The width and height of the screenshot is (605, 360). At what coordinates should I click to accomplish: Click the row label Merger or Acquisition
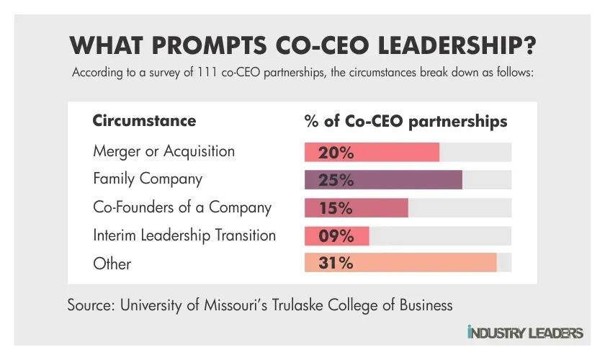tap(163, 152)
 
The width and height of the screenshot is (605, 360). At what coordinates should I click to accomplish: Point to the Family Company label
tap(148, 179)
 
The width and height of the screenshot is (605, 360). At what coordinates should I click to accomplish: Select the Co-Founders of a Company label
tap(182, 207)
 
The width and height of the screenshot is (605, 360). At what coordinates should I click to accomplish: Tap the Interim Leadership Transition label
tap(184, 235)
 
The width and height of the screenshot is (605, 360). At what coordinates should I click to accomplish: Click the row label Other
tap(112, 264)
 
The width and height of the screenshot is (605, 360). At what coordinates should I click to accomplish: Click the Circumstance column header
tap(144, 120)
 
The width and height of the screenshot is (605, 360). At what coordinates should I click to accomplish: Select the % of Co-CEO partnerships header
tap(406, 120)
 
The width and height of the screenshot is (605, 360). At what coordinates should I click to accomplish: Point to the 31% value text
tap(336, 263)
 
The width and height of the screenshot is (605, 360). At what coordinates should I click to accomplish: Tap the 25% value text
tap(336, 180)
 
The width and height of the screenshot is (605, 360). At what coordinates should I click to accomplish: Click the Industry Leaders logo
tap(525, 333)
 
